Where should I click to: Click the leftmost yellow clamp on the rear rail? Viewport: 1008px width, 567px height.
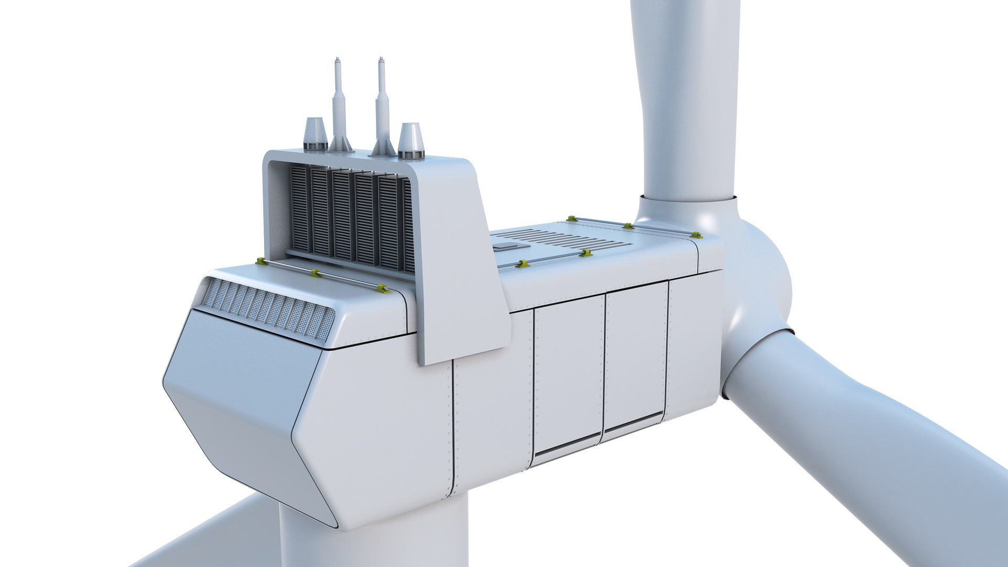pos(259,261)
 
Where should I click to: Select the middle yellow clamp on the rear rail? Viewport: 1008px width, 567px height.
pos(315,273)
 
